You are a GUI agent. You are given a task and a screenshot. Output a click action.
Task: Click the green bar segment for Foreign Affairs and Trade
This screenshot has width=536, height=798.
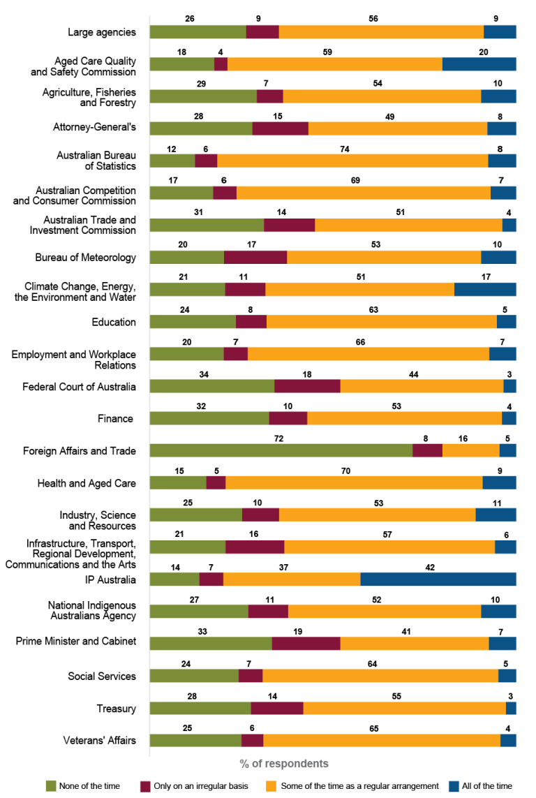281,450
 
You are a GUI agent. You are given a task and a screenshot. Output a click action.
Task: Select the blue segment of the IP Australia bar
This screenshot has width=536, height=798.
438,579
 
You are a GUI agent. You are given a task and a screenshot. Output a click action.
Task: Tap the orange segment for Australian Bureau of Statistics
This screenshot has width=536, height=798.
352,161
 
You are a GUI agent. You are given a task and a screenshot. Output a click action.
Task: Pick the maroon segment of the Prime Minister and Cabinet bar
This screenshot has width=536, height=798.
306,644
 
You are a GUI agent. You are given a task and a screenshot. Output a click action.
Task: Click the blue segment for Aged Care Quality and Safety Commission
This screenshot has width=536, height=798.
479,64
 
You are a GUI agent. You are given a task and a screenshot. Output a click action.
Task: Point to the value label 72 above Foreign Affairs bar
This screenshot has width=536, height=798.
279,438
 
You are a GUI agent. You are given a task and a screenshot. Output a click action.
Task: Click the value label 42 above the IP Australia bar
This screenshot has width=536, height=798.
439,567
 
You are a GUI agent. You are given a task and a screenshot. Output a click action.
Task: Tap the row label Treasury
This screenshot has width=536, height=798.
116,709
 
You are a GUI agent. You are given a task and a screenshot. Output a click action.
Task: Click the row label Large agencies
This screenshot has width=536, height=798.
101,32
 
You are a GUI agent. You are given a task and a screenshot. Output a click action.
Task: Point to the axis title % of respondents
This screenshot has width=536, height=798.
284,763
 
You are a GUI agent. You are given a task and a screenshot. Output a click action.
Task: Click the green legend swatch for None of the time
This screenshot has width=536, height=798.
50,786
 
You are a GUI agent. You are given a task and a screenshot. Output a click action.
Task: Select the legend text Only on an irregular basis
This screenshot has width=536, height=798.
202,786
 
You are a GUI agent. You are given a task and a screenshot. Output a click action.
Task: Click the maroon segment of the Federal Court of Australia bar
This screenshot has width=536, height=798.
307,386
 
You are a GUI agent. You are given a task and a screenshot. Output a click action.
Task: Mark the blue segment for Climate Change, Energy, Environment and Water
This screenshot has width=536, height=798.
485,290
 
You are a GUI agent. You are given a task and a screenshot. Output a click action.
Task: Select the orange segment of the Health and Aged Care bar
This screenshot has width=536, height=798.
354,483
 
